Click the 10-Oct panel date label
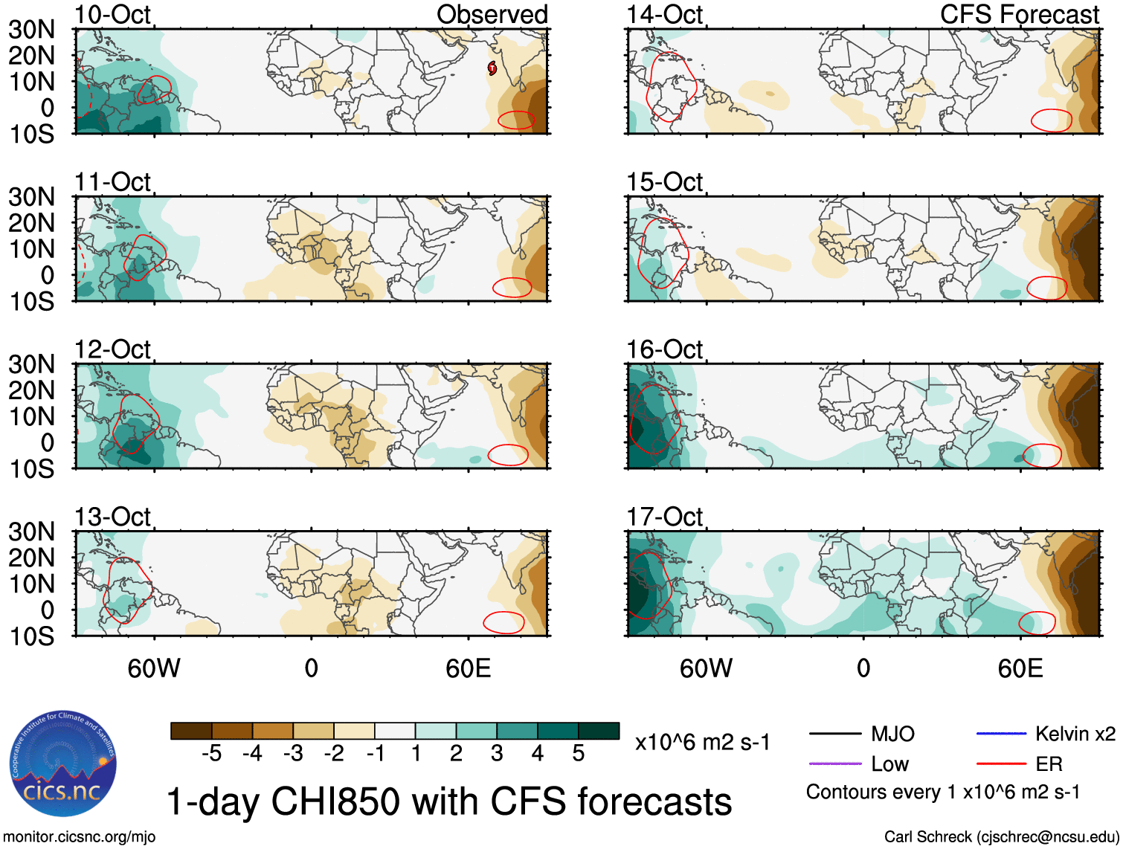tap(112, 14)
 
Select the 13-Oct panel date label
tap(112, 516)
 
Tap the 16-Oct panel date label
tap(664, 349)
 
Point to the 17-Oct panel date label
tap(664, 516)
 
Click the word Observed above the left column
tap(492, 14)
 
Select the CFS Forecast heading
tap(1019, 14)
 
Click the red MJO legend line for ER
tap(1001, 764)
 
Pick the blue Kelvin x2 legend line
tap(1001, 734)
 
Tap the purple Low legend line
tap(834, 764)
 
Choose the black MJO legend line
tap(834, 734)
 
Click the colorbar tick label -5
tap(211, 754)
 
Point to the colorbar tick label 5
tap(578, 754)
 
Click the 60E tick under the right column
tap(1020, 668)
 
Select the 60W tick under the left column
tap(154, 668)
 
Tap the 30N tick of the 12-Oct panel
tap(32, 364)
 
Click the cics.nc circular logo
tap(63, 764)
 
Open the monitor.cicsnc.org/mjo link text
tap(80, 837)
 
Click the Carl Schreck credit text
tap(1001, 837)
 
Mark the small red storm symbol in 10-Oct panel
tap(492, 68)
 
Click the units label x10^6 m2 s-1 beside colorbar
tap(702, 743)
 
